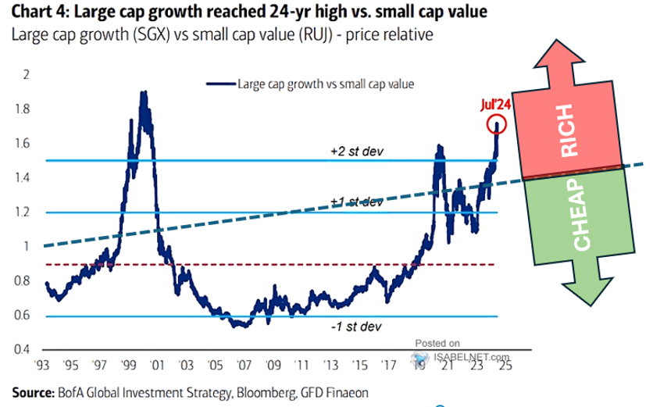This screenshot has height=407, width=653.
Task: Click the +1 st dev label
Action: point(358,202)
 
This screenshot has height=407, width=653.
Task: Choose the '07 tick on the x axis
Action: point(244,364)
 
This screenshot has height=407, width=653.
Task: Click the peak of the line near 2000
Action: point(143,92)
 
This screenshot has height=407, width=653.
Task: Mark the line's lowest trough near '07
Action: point(243,325)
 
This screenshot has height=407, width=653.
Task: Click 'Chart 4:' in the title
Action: point(31,14)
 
